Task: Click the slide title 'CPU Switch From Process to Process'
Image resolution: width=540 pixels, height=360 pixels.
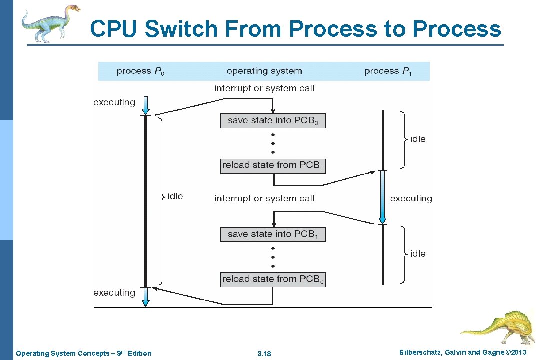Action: tap(295, 29)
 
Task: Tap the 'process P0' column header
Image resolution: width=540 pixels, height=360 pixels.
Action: tap(140, 71)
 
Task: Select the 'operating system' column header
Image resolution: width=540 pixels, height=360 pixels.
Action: tap(264, 71)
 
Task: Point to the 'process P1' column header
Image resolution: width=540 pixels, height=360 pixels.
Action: tap(388, 71)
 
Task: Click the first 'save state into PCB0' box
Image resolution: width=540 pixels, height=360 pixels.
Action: tap(273, 121)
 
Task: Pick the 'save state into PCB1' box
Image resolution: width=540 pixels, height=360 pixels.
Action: tap(273, 234)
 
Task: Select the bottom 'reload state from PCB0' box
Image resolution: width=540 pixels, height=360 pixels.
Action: tap(273, 279)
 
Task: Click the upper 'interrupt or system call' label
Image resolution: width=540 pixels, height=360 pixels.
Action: tap(264, 89)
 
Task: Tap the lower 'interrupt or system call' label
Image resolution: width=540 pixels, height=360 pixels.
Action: tap(264, 199)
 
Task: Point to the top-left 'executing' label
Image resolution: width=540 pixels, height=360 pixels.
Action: tap(114, 103)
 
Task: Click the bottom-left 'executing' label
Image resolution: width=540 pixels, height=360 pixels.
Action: tap(114, 293)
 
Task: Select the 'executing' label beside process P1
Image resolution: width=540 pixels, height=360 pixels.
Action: tap(411, 199)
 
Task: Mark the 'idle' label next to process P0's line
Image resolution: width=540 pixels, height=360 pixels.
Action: tap(175, 196)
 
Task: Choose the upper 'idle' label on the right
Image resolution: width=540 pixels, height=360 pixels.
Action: tap(418, 139)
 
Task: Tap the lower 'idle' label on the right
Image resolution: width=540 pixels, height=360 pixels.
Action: tap(418, 254)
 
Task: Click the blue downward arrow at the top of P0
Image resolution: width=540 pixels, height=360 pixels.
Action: tap(145, 105)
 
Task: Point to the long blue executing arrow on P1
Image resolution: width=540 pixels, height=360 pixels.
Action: tap(382, 197)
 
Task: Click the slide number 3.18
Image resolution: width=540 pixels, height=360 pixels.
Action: tap(264, 354)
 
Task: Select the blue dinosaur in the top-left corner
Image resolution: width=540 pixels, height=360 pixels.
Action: tap(50, 22)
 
